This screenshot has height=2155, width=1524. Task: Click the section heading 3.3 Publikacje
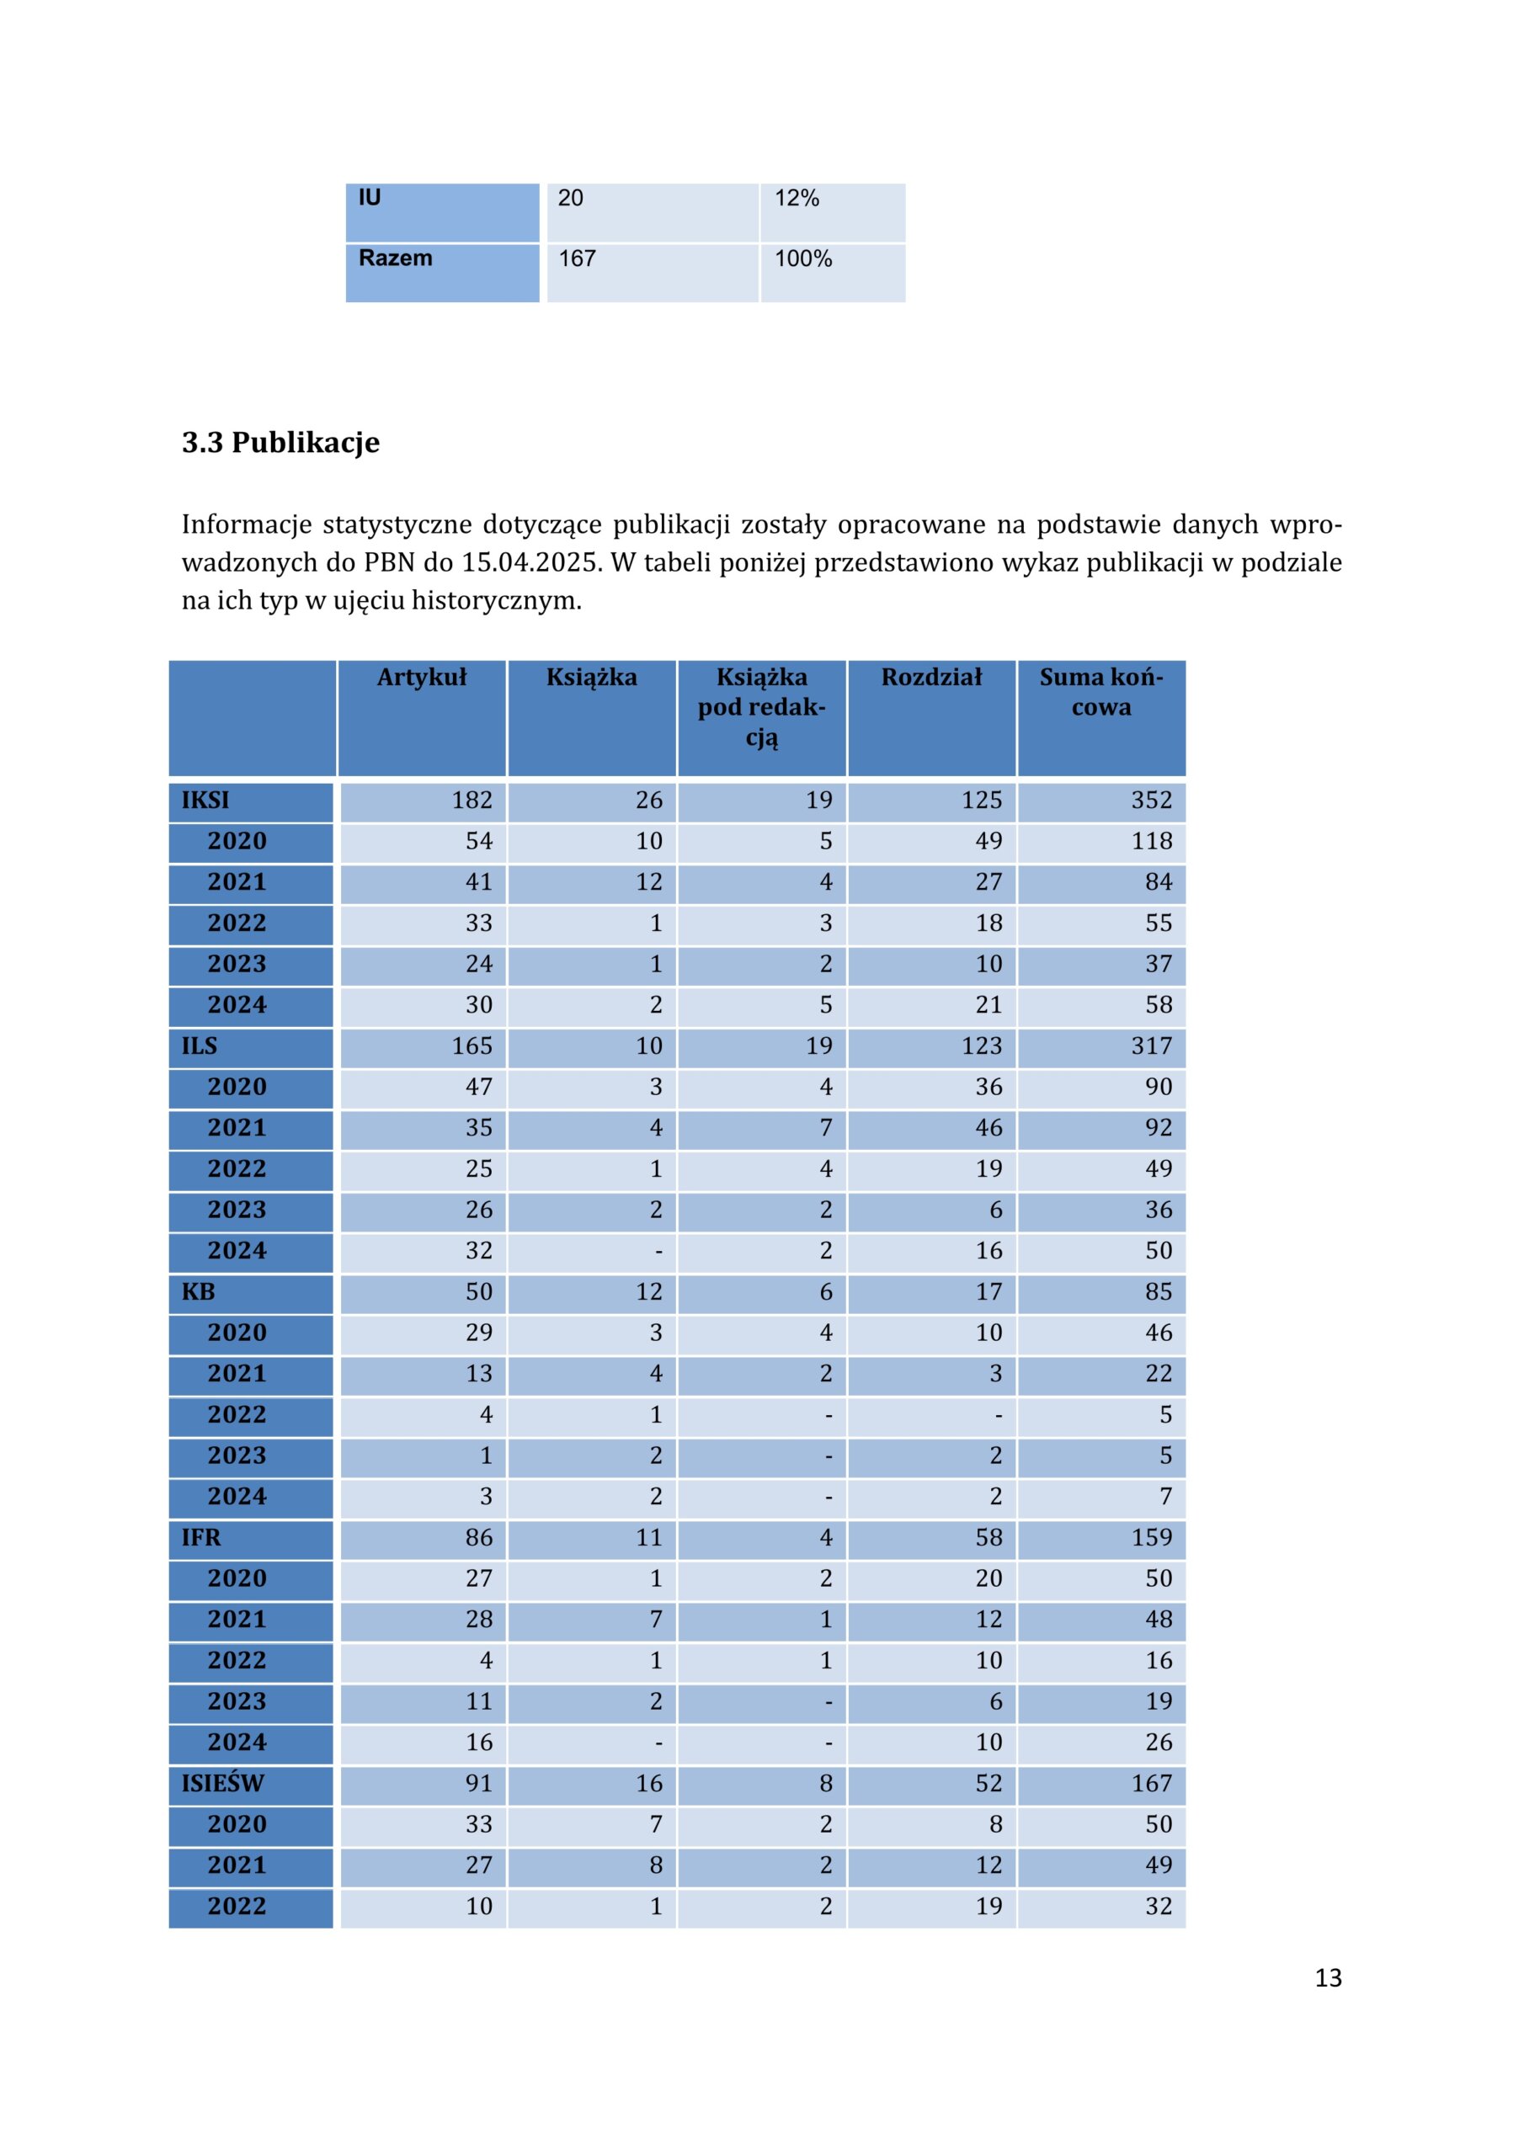coord(280,442)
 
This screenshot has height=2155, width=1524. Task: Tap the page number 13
coord(1328,1977)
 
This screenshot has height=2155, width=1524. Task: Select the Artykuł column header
coord(422,677)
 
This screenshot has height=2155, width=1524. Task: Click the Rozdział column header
coord(931,677)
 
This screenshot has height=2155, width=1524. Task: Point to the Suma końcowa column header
coord(1101,692)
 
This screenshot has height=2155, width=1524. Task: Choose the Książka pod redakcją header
coord(761,708)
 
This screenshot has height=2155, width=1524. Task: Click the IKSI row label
coord(205,801)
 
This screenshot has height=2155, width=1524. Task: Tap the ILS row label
coord(199,1046)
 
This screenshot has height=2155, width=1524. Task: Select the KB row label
coord(198,1291)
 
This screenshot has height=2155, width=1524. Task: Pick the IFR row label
coord(201,1537)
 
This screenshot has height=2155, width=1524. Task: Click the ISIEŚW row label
coord(223,1783)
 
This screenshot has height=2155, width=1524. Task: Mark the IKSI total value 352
coord(1151,801)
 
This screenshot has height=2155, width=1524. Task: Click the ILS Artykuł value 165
coord(472,1046)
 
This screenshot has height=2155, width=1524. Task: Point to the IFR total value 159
coord(1151,1537)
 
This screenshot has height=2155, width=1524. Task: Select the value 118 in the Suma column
coord(1151,841)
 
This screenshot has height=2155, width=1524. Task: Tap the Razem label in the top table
coord(396,258)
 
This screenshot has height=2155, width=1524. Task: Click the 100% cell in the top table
coord(803,258)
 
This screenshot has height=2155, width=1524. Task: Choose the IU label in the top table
coord(370,198)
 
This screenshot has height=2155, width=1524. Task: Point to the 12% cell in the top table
coord(797,198)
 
